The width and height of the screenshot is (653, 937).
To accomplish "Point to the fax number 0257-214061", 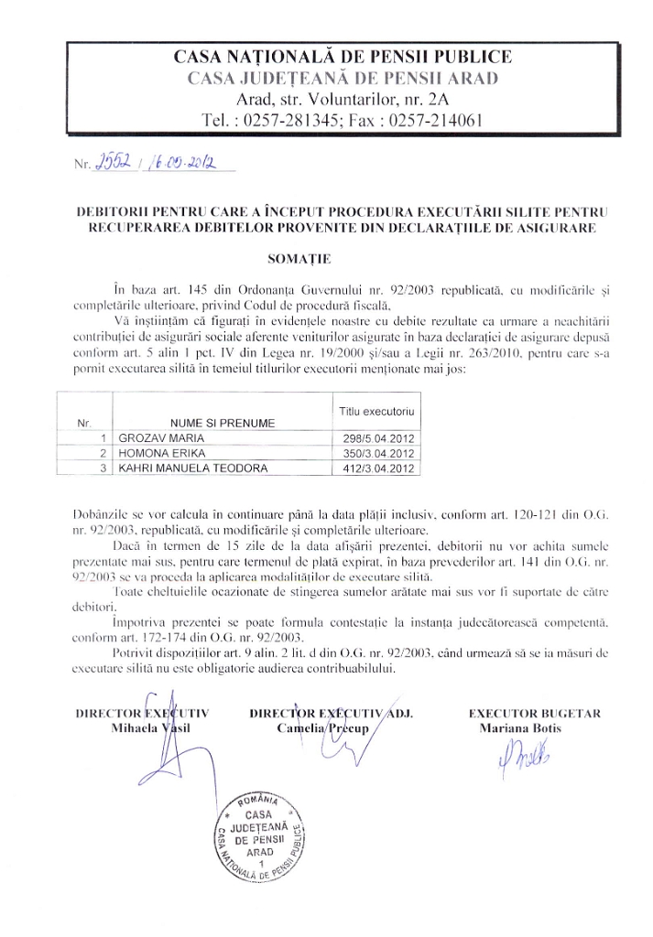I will coord(434,119).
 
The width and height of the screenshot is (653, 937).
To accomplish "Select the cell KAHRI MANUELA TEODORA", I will coord(189,468).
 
